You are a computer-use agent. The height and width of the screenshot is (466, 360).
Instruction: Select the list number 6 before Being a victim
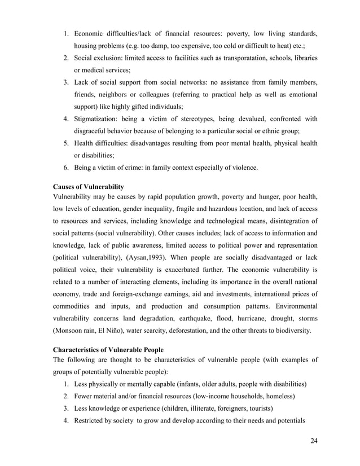[x=65, y=168]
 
